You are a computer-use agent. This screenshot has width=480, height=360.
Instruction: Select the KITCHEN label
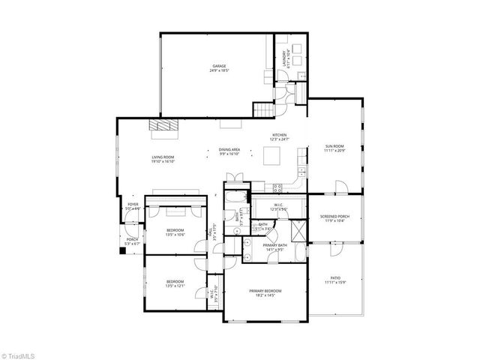[279, 136]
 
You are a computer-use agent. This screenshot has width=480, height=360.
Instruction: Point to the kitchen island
[272, 156]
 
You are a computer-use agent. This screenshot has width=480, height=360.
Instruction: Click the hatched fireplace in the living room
[163, 127]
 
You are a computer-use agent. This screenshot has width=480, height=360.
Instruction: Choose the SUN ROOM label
[334, 145]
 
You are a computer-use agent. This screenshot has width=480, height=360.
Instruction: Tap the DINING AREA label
[229, 150]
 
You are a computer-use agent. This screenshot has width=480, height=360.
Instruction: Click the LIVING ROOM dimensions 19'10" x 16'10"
[163, 161]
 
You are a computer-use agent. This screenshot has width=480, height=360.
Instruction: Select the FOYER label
[133, 204]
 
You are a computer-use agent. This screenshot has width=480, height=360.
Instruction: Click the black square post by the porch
[122, 251]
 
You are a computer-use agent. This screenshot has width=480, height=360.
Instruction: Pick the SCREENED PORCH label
[334, 217]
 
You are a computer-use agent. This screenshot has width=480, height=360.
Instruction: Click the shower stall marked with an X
[298, 230]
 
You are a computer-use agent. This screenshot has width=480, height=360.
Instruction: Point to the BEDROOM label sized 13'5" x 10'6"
[175, 231]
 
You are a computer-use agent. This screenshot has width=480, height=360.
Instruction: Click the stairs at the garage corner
[262, 112]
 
